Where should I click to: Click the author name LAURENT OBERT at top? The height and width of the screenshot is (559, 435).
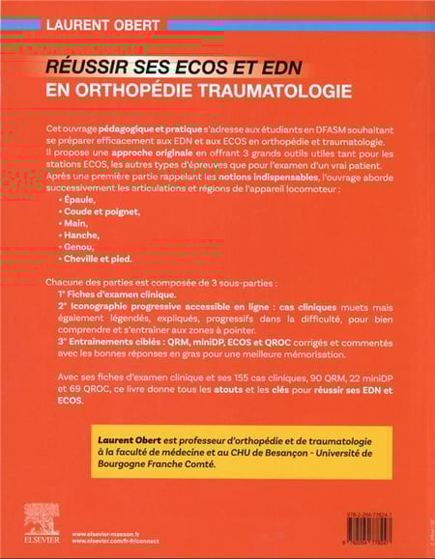(x=91, y=15)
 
